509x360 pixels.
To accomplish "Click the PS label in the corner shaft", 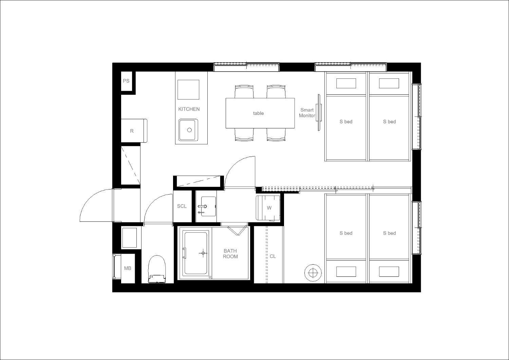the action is pos(126,81).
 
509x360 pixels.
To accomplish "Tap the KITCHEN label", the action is pos(189,109).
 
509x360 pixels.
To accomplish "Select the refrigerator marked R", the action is pos(134,131).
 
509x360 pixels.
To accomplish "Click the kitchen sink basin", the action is pos(188,130).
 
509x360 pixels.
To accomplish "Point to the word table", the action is pos(258,113).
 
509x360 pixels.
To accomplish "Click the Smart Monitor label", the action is pos(307,113).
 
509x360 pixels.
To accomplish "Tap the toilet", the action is pos(156,269).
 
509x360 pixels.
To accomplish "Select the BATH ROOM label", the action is pos(230,254).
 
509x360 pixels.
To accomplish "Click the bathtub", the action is pos(196,253).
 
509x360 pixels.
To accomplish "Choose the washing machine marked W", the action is pos(268,208).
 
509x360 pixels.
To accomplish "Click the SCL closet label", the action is pos(182,206).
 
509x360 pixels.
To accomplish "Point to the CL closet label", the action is pos(273,256).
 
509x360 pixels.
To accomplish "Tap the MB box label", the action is pos(128,268).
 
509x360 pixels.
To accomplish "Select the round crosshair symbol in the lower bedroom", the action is pos(313,272).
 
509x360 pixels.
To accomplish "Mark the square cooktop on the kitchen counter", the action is pos(188,90).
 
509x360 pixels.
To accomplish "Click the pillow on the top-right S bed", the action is pos(389,84).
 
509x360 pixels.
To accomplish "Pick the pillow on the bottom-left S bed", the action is pos(346,272).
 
